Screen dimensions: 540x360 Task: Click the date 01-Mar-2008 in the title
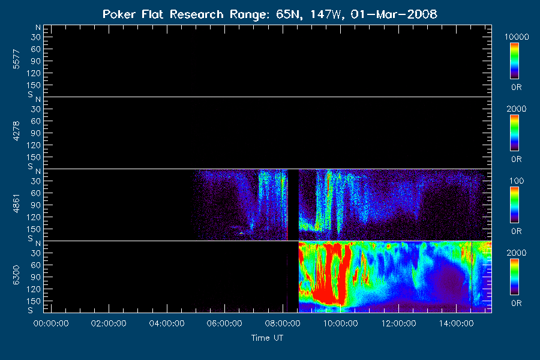pyautogui.click(x=394, y=14)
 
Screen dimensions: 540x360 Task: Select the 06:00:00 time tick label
pyautogui.click(x=224, y=323)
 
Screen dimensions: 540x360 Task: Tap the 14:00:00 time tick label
pyautogui.click(x=457, y=323)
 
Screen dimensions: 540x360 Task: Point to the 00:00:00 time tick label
pyautogui.click(x=51, y=323)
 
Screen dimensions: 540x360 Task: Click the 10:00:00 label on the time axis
pyautogui.click(x=341, y=323)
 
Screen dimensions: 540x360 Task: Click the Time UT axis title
pyautogui.click(x=267, y=338)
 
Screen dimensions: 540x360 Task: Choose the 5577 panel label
pyautogui.click(x=16, y=59)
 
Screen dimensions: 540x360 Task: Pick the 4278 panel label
pyautogui.click(x=16, y=131)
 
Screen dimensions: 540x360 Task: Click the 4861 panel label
pyautogui.click(x=16, y=203)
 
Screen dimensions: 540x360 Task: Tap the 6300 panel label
pyautogui.click(x=16, y=275)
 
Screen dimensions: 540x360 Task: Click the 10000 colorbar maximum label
pyautogui.click(x=517, y=37)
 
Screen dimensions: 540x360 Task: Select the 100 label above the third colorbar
pyautogui.click(x=517, y=181)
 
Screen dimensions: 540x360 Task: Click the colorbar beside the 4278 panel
pyautogui.click(x=515, y=133)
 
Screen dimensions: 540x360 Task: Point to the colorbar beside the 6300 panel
pyautogui.click(x=515, y=277)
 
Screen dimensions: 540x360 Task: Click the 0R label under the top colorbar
pyautogui.click(x=517, y=88)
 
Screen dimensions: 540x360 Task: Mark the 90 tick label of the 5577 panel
pyautogui.click(x=36, y=61)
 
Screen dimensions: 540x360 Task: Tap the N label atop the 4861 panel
pyautogui.click(x=38, y=171)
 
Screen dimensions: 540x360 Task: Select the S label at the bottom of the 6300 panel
pyautogui.click(x=31, y=310)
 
